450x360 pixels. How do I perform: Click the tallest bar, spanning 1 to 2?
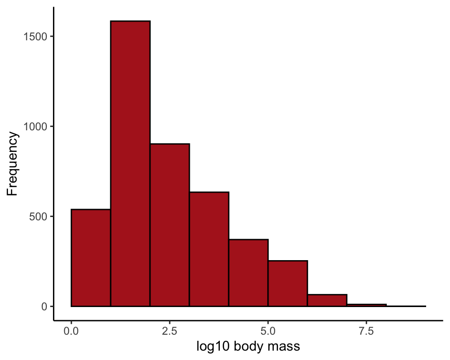tap(130, 164)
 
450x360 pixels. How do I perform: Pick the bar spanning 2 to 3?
tap(170, 225)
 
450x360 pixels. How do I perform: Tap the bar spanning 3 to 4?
tap(209, 249)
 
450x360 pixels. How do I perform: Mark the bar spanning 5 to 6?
tap(288, 284)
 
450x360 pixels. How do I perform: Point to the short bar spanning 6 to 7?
tap(327, 300)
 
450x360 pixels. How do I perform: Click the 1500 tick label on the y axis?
tap(35, 37)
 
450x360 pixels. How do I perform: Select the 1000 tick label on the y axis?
tap(35, 127)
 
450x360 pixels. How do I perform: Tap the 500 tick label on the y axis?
tap(37, 217)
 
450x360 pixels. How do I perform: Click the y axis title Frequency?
tap(13, 164)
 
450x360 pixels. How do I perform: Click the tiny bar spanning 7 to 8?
tap(367, 305)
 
